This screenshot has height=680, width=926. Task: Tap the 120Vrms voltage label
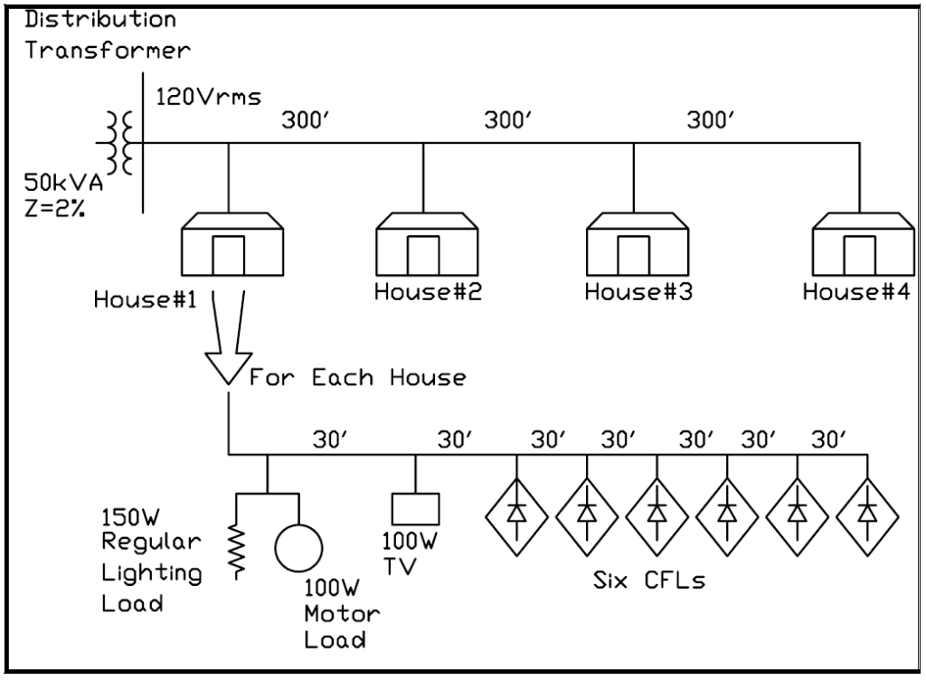[209, 96]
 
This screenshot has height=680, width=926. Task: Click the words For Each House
[358, 377]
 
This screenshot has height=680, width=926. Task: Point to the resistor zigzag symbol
[239, 549]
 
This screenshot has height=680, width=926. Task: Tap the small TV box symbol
[415, 509]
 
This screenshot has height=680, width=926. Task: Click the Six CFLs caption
[648, 581]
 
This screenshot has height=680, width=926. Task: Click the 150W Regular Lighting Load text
[151, 560]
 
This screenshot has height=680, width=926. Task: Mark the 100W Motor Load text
[341, 614]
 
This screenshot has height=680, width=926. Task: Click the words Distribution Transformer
[108, 33]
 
